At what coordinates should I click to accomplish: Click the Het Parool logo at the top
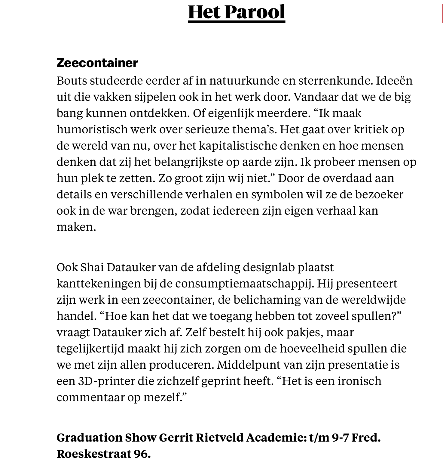(237, 12)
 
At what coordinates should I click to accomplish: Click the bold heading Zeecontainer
(97, 63)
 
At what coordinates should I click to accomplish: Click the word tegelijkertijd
(90, 349)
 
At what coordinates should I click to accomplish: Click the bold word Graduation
(89, 438)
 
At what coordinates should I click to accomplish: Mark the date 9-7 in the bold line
(340, 438)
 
